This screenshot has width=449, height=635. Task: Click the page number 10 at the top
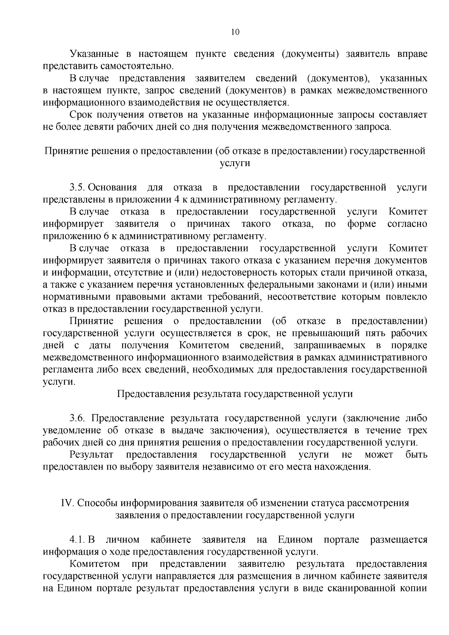tap(235, 32)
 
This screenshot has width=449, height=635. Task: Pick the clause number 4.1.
tap(77, 540)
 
